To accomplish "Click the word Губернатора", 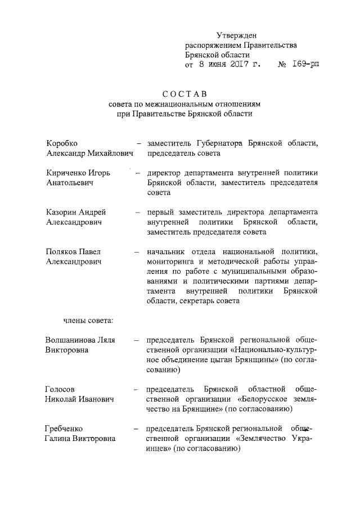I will (x=218, y=143).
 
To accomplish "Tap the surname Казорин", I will (x=62, y=213).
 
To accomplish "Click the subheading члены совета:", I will (x=87, y=321).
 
